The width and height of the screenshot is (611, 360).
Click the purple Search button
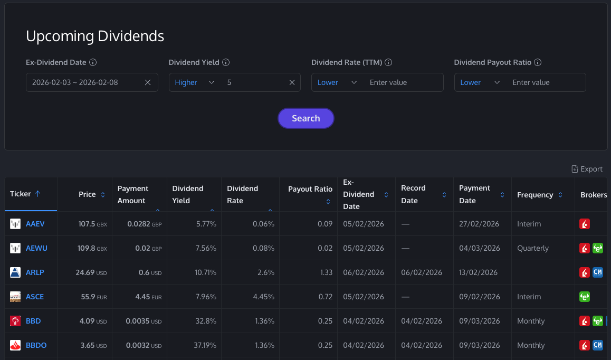tap(306, 118)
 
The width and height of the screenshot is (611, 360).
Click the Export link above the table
tap(587, 169)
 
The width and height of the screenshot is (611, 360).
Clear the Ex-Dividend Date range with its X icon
tap(148, 82)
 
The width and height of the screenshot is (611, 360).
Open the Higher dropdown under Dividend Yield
tap(195, 82)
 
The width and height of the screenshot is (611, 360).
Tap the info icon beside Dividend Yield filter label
tap(226, 62)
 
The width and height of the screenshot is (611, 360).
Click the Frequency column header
tap(535, 195)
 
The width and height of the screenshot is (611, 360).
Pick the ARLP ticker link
tap(35, 272)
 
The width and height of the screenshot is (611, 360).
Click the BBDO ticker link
tap(36, 345)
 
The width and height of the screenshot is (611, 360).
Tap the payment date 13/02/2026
tap(479, 272)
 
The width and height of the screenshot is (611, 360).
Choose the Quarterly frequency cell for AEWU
tap(533, 248)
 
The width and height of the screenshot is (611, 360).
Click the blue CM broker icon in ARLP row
tap(598, 272)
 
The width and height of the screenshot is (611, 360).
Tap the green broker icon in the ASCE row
tap(585, 297)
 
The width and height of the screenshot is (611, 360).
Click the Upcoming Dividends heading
tap(95, 36)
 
